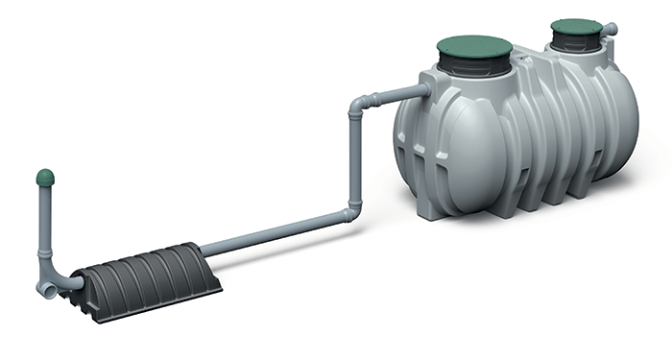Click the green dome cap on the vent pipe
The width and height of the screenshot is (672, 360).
44,178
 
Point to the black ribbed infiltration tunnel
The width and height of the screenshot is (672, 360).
144,269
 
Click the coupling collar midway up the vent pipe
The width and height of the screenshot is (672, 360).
44,256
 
